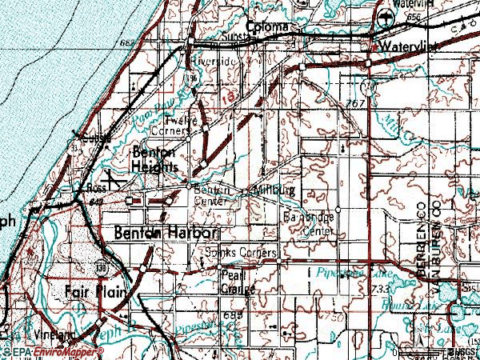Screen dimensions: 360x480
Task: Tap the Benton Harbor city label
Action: click(x=166, y=233)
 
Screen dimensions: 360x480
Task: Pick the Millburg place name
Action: click(x=274, y=191)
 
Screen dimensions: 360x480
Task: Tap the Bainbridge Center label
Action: click(x=309, y=224)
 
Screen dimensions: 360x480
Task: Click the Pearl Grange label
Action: click(x=236, y=280)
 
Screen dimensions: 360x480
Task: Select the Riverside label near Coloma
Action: click(x=214, y=61)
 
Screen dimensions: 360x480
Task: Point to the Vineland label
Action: click(x=54, y=334)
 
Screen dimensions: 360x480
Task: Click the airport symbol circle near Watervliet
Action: click(x=388, y=19)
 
